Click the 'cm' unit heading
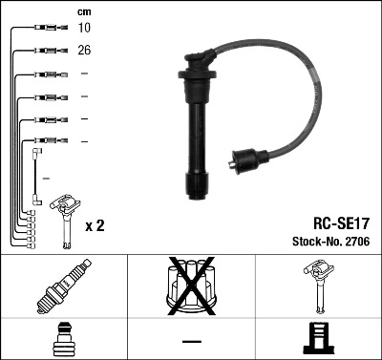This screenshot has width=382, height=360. point(84,12)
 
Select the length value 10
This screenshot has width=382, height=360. point(84,28)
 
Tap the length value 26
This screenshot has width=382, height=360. point(84,50)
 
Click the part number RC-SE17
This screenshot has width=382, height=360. point(341,223)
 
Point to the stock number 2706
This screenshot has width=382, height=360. point(357,242)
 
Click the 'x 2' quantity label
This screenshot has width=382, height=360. point(95,225)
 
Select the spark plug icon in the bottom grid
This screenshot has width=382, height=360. point(64,286)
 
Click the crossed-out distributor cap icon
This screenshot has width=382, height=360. point(191,286)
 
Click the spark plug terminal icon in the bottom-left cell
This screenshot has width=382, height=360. point(64,339)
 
